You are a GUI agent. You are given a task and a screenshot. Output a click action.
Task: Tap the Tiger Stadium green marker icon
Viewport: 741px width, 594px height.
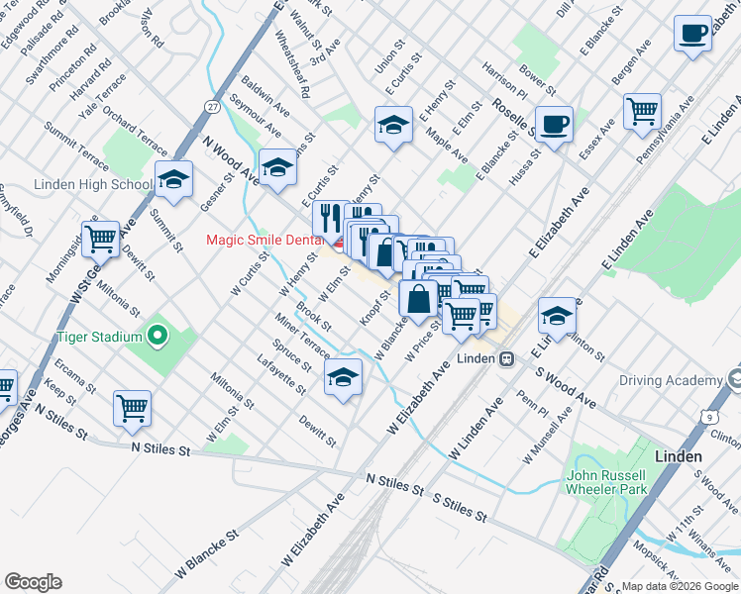(x=158, y=337)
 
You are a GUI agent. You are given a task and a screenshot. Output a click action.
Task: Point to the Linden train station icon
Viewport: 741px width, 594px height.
(x=506, y=357)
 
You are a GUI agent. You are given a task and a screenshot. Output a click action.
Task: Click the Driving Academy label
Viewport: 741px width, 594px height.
(x=671, y=380)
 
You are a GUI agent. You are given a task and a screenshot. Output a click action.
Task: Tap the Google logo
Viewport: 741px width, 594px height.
(x=33, y=582)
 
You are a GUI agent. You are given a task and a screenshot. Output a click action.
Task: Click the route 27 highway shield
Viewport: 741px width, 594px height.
(x=213, y=106)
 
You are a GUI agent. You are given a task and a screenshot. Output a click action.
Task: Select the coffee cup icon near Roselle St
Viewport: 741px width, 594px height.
(x=554, y=124)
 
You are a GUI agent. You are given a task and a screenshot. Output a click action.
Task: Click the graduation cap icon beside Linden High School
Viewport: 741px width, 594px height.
(x=173, y=179)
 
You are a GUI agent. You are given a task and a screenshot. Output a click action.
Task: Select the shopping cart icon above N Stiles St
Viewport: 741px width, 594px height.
(x=132, y=407)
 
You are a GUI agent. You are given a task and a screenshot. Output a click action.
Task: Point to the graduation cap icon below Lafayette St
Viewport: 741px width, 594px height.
(x=343, y=376)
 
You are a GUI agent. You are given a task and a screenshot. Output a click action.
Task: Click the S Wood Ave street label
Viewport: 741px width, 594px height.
(x=565, y=388)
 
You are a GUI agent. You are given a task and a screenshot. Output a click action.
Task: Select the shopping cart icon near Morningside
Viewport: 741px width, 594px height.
(x=100, y=239)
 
